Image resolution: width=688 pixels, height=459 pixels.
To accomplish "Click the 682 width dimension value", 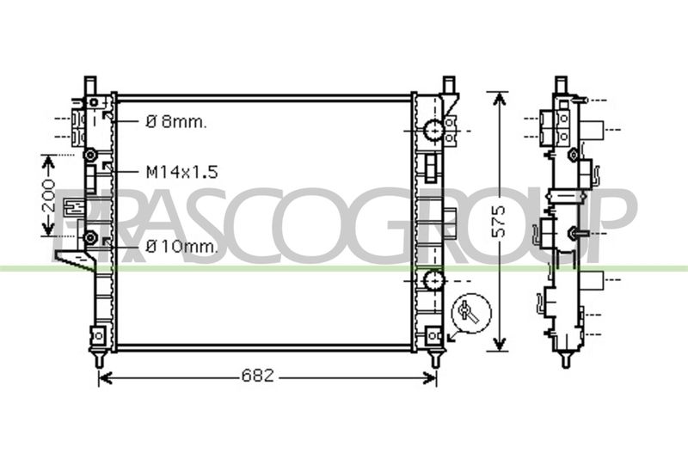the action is (257, 376).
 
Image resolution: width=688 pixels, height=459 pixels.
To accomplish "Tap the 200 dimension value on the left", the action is (50, 196).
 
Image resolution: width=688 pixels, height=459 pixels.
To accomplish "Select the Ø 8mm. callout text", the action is (175, 122).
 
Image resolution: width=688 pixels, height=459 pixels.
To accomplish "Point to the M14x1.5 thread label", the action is (181, 172).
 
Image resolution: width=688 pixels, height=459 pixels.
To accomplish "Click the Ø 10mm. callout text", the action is (181, 247).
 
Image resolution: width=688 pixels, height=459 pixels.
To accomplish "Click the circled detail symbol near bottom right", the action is (471, 313).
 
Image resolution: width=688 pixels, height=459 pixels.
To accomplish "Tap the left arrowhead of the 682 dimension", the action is (105, 377).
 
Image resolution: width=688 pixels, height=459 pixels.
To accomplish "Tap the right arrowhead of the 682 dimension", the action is (429, 377).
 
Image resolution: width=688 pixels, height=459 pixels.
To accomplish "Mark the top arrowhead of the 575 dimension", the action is (499, 99).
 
